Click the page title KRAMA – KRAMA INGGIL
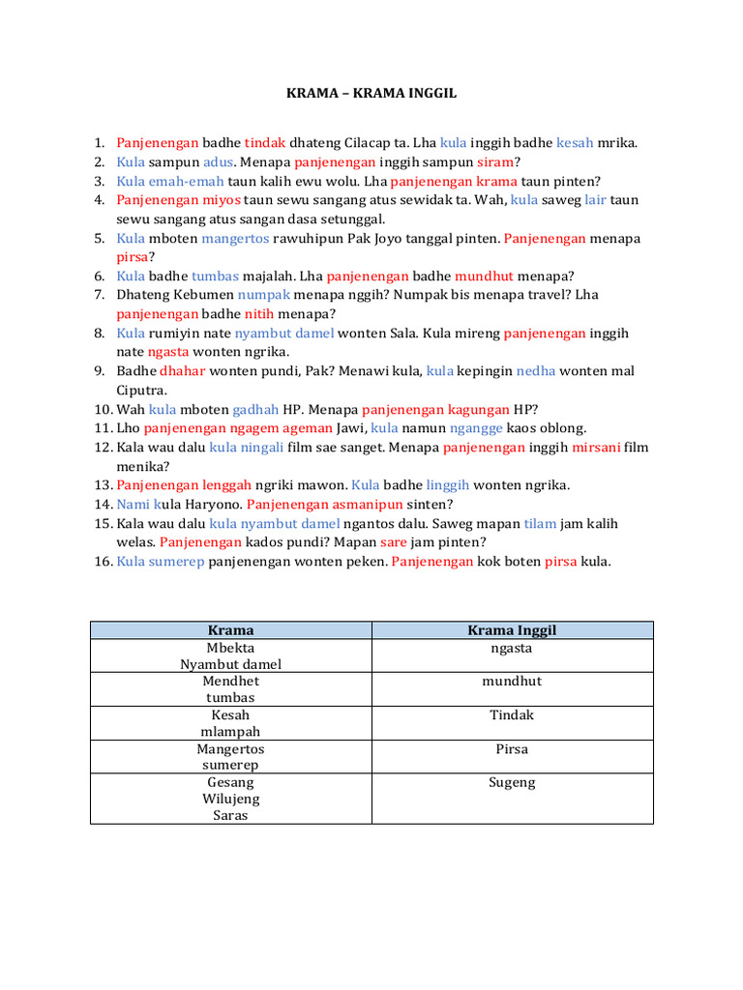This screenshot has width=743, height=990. (x=371, y=94)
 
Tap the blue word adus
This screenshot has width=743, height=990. (x=218, y=162)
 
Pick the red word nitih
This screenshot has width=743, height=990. (x=259, y=314)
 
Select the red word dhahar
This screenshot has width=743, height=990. (x=183, y=371)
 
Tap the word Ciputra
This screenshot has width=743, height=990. (x=141, y=391)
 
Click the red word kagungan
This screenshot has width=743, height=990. (x=481, y=409)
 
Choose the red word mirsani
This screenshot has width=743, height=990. (x=597, y=448)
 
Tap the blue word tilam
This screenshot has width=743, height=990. (x=540, y=524)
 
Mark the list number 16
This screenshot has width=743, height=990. (x=104, y=562)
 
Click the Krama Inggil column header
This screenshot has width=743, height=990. (x=512, y=630)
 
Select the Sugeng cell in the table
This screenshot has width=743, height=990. (x=512, y=782)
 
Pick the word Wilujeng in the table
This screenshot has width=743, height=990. (x=230, y=799)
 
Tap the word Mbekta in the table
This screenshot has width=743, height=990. (x=230, y=648)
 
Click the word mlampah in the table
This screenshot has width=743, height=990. (x=230, y=732)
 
